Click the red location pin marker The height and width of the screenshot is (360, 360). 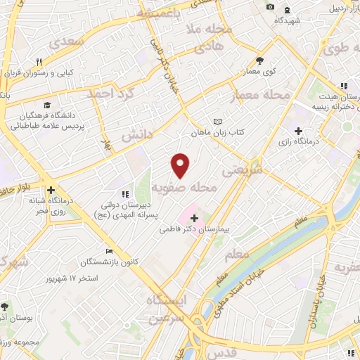[181, 165]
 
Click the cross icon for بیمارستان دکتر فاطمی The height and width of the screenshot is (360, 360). [195, 218]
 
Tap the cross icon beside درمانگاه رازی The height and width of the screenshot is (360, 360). [300, 131]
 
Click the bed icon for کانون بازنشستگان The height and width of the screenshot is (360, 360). [108, 252]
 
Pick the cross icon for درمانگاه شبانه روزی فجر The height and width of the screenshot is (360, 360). [50, 190]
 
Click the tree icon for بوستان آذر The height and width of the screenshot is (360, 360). [5, 307]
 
